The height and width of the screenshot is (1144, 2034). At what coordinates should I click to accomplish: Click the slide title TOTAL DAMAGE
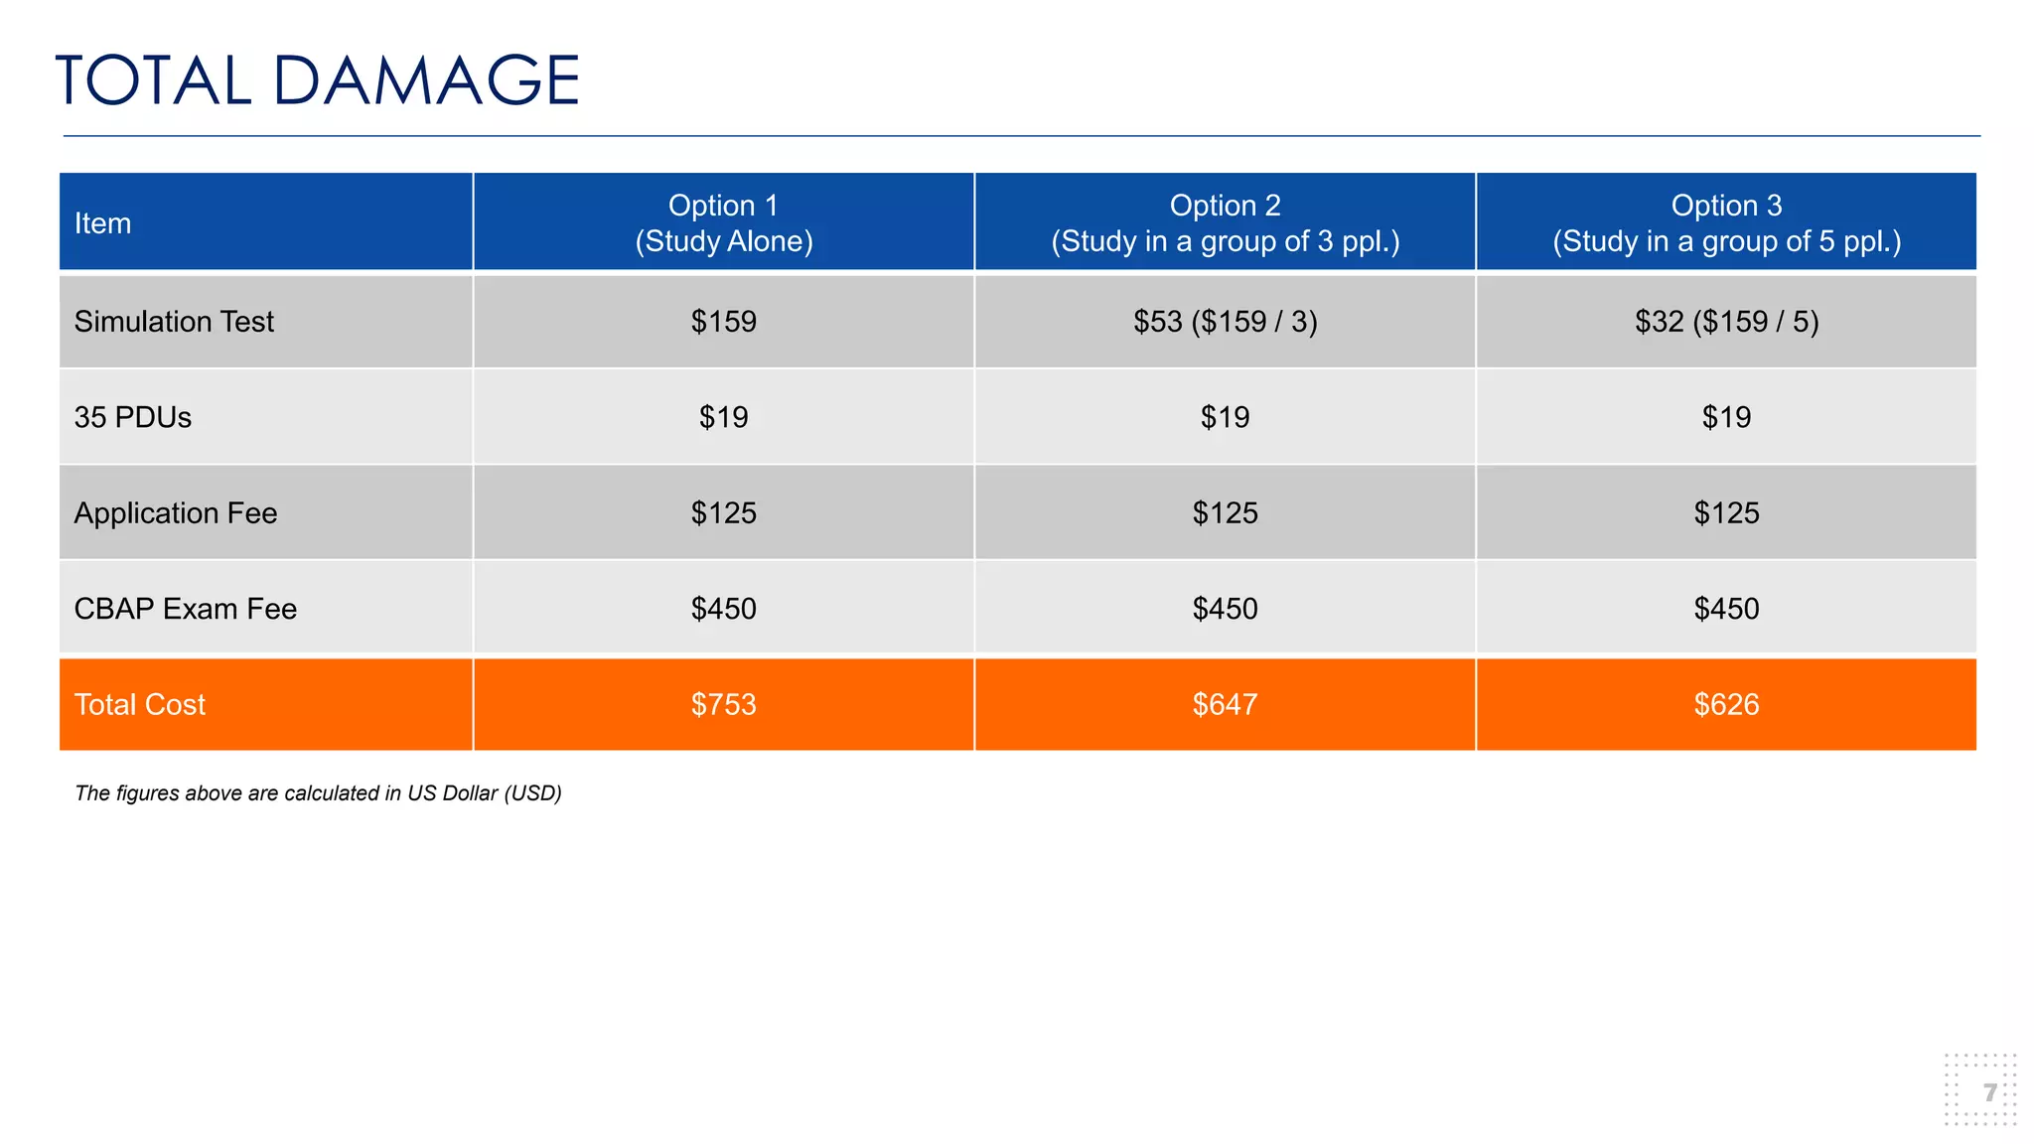(317, 80)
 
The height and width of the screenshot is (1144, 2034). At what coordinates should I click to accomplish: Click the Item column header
(102, 223)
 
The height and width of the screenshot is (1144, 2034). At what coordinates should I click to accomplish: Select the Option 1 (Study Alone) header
(724, 223)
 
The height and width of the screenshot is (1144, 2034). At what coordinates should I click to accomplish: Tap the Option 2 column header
(1225, 223)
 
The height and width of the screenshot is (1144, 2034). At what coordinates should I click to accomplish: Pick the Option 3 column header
(1726, 223)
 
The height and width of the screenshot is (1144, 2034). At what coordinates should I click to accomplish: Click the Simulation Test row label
(174, 322)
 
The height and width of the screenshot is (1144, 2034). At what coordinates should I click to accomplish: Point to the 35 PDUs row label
(133, 417)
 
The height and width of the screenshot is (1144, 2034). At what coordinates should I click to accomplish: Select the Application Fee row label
(176, 513)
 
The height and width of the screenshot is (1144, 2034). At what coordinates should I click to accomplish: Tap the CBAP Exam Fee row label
(186, 609)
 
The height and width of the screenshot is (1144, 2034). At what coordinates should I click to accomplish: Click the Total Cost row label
(140, 705)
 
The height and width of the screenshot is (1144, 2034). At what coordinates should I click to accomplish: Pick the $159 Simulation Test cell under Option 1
(724, 322)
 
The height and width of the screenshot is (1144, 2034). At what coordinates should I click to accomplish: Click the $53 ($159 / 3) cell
(1225, 322)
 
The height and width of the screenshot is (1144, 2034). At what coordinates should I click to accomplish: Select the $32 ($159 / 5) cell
(1726, 322)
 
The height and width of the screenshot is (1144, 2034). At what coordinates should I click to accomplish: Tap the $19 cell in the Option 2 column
(1225, 417)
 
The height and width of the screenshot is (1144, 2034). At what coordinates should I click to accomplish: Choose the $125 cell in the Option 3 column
(1726, 513)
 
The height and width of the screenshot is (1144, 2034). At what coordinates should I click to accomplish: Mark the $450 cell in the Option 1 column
(724, 609)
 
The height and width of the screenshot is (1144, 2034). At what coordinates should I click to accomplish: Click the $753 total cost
(724, 705)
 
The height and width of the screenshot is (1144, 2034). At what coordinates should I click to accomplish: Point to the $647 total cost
(1225, 705)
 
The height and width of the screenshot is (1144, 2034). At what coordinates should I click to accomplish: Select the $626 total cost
(1726, 705)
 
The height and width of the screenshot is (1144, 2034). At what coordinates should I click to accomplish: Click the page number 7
(1989, 1093)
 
